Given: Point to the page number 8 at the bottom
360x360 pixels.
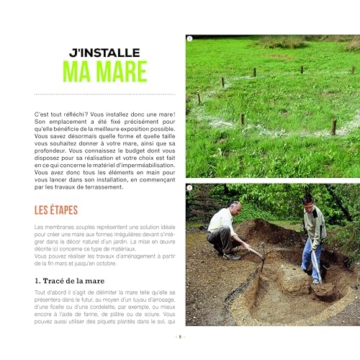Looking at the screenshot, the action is [180, 336].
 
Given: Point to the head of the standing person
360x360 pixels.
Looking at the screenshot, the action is [307, 199].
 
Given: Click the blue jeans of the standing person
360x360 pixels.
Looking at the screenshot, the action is [308, 256].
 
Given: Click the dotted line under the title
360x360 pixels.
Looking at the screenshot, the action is [108, 93].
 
